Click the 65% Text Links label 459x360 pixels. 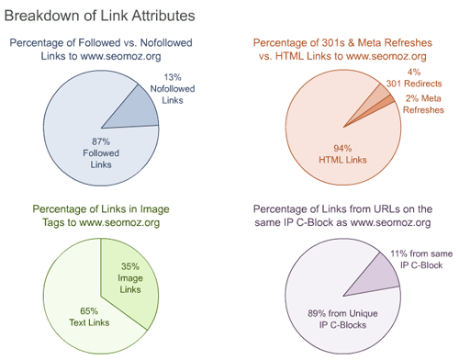tap(83, 317)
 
